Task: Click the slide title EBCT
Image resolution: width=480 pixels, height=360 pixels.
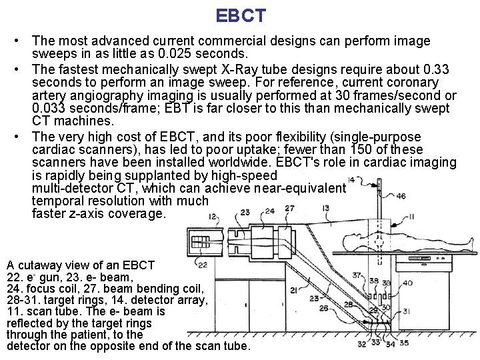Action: pyautogui.click(x=241, y=15)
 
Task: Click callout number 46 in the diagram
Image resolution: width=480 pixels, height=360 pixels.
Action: pyautogui.click(x=400, y=196)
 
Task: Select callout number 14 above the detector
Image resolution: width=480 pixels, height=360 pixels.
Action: pyautogui.click(x=351, y=180)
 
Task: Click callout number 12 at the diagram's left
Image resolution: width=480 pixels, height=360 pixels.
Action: pyautogui.click(x=212, y=216)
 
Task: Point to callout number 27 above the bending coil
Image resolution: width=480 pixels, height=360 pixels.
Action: pyautogui.click(x=289, y=209)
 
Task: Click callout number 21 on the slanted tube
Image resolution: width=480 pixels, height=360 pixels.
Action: pyautogui.click(x=293, y=289)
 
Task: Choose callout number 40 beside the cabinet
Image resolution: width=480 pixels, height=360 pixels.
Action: pyautogui.click(x=407, y=283)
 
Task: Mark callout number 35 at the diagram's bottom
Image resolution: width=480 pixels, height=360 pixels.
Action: pyautogui.click(x=404, y=343)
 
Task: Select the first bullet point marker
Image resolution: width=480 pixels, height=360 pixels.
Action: pyautogui.click(x=22, y=41)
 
